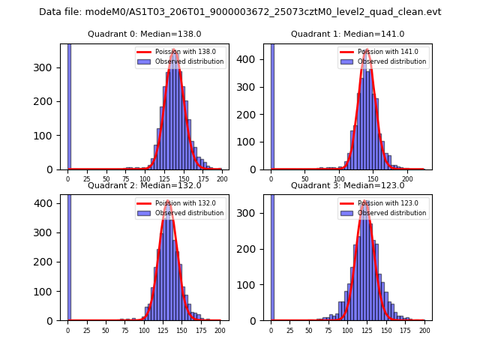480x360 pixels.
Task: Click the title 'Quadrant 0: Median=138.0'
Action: click(144, 34)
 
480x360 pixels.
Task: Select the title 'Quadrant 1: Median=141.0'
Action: click(347, 34)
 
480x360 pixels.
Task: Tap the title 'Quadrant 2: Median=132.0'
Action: click(144, 185)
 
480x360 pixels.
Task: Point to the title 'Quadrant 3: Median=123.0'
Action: click(347, 185)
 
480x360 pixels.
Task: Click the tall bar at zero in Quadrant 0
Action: click(69, 105)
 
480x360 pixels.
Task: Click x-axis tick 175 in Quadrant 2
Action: click(201, 329)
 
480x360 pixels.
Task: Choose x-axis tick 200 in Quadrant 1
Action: click(407, 178)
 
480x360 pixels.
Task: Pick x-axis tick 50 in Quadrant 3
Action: click(309, 329)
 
